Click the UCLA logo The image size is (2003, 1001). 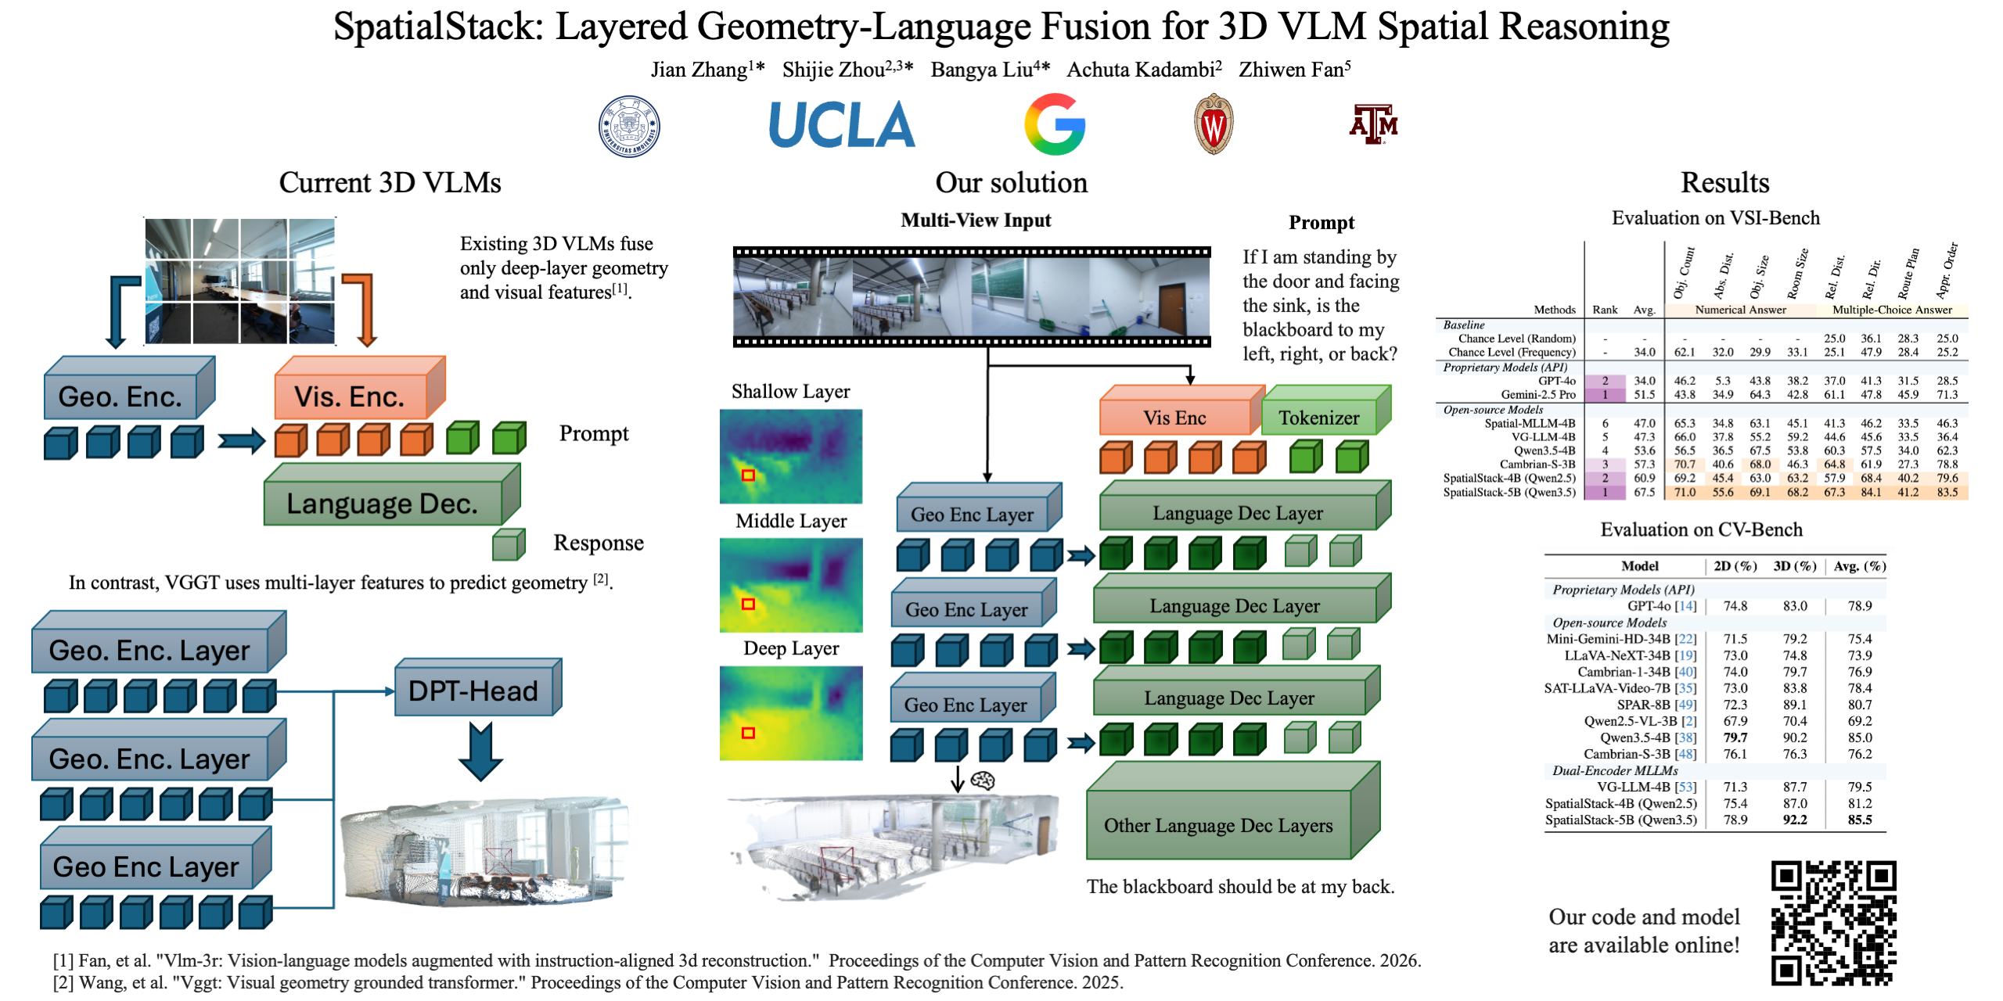(x=842, y=125)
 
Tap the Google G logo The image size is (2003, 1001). (x=1055, y=124)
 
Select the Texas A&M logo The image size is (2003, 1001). (x=1373, y=124)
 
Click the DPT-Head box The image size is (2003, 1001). (x=478, y=687)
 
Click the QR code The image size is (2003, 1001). (x=1834, y=923)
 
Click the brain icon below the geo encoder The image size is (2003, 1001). (x=983, y=780)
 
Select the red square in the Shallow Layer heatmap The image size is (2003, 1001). (x=748, y=475)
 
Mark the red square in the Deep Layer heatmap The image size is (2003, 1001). (x=748, y=733)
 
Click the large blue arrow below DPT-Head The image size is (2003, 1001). (x=480, y=751)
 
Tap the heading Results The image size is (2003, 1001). (x=1725, y=182)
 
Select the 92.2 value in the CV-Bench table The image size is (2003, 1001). (x=1795, y=820)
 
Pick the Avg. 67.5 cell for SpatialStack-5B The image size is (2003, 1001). (x=1645, y=492)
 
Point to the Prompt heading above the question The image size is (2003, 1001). (x=1322, y=223)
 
